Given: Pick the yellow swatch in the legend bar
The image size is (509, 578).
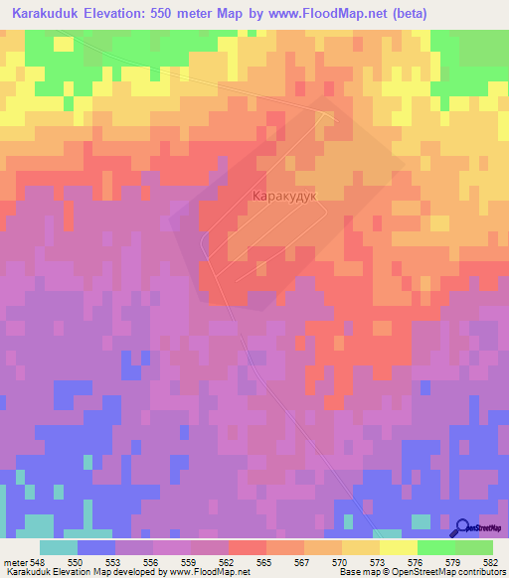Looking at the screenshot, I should tap(398, 547).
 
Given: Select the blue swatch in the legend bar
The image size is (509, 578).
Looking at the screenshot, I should tap(95, 547).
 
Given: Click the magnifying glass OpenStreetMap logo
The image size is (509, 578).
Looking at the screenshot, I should tap(464, 527).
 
